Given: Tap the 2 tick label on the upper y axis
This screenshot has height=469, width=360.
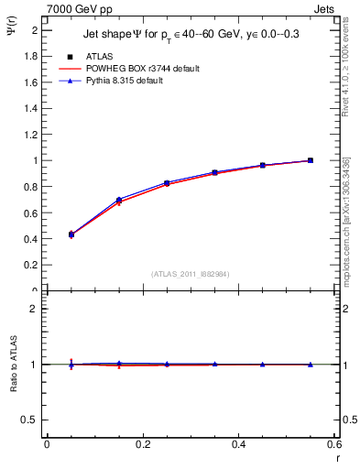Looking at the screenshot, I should point(35,30).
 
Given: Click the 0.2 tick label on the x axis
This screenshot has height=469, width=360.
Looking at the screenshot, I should point(142,444).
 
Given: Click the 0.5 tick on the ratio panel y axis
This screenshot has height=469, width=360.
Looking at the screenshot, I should point(31,420).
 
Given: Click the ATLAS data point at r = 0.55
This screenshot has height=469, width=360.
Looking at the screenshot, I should point(311,160).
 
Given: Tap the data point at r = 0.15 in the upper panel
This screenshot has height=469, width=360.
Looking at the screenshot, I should point(119,200).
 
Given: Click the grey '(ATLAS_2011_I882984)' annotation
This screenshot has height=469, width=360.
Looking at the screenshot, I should point(190,274).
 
